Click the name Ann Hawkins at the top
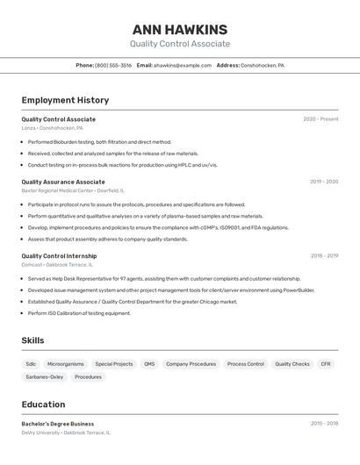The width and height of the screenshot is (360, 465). click(x=180, y=30)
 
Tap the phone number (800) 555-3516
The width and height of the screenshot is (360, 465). click(x=113, y=65)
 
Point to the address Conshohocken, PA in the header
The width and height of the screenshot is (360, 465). click(x=263, y=65)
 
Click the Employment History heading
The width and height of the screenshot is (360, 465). click(x=65, y=100)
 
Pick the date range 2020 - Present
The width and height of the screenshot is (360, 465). click(x=320, y=119)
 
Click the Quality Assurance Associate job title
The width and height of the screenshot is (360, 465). click(x=63, y=182)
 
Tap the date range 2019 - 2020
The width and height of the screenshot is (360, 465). click(x=324, y=182)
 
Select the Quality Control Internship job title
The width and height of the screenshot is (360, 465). click(x=59, y=256)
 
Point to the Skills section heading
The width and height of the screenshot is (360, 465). click(x=32, y=340)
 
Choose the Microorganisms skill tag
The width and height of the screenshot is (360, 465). click(x=66, y=364)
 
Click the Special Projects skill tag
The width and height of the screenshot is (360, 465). click(x=114, y=364)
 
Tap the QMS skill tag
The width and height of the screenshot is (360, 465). click(x=149, y=364)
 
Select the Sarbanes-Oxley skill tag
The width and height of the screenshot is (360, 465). click(x=45, y=377)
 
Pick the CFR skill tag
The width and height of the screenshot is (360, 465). click(x=326, y=364)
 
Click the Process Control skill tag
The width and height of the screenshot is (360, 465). click(x=246, y=364)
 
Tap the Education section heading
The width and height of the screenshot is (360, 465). click(x=43, y=404)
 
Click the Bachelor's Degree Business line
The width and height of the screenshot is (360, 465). click(x=58, y=424)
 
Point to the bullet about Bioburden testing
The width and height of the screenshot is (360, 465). click(x=99, y=142)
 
